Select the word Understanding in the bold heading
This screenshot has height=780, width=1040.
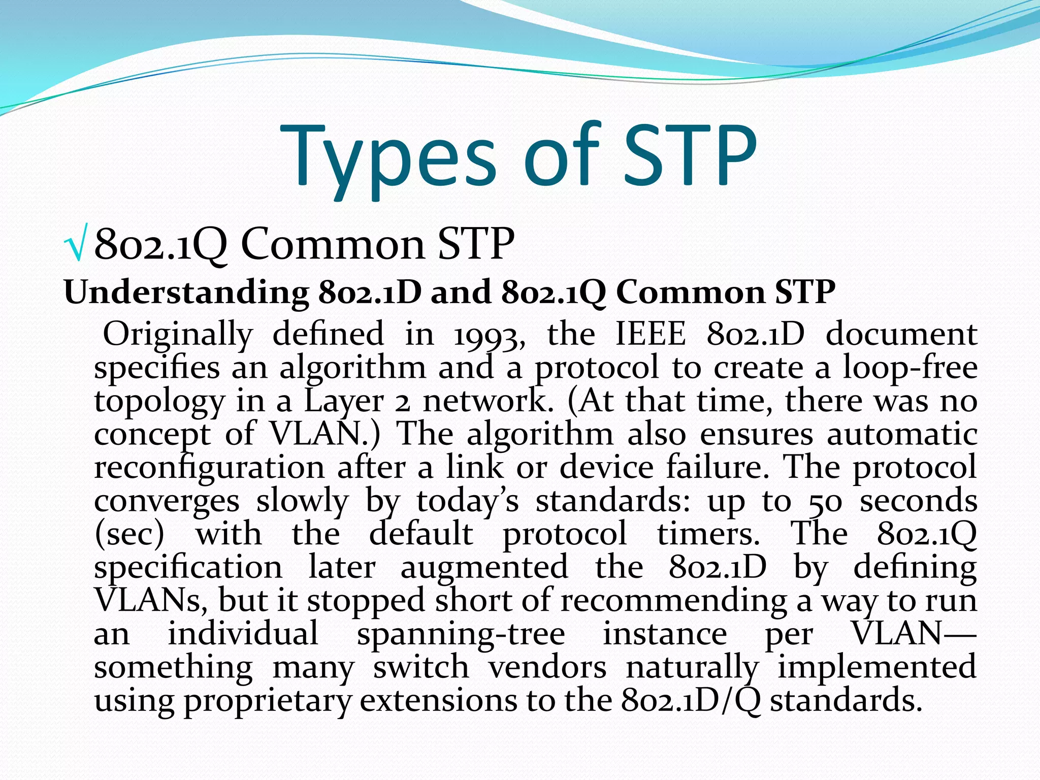(186, 293)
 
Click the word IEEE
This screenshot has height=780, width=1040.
(650, 335)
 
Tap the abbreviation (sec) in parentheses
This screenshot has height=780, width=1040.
(129, 534)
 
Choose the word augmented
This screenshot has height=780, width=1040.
(484, 567)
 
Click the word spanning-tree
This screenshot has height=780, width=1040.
(461, 634)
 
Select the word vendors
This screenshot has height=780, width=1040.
(547, 667)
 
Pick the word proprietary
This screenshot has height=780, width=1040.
(267, 701)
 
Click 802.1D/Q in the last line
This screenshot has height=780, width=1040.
(690, 700)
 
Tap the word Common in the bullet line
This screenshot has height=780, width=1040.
(333, 244)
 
